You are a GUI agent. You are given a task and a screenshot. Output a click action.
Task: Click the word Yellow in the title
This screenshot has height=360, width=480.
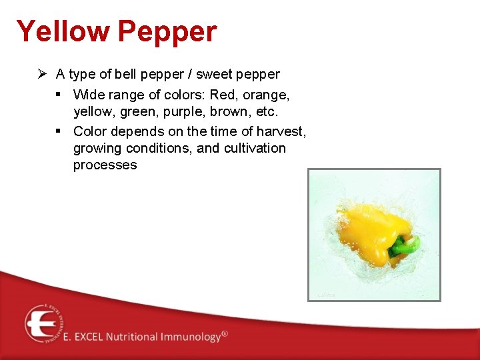tap(63, 31)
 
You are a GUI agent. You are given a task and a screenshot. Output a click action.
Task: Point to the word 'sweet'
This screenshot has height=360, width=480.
tap(212, 74)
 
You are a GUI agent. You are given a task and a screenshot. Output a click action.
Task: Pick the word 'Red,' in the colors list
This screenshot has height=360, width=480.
tap(225, 95)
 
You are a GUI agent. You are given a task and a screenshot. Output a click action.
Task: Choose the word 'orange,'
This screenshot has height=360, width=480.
tap(267, 95)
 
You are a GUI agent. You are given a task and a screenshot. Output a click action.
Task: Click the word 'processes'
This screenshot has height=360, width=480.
tap(105, 165)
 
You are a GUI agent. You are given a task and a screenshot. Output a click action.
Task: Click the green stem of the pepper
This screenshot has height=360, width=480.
tap(403, 246)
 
